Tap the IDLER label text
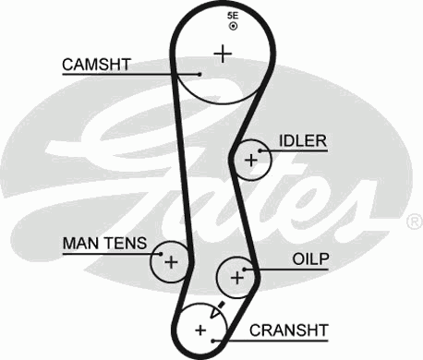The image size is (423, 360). pyautogui.click(x=303, y=141)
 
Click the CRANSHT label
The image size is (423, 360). pyautogui.click(x=290, y=329)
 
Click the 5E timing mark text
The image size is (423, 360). pyautogui.click(x=233, y=17)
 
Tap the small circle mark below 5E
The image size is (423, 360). pyautogui.click(x=233, y=27)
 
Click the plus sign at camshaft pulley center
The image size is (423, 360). pyautogui.click(x=222, y=54)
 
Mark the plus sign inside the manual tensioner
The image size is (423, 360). pyautogui.click(x=170, y=261)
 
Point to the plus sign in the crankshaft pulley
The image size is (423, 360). pyautogui.click(x=200, y=329)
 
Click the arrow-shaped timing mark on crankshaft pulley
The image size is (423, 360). pyautogui.click(x=218, y=310)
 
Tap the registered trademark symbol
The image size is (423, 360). pyautogui.click(x=413, y=222)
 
